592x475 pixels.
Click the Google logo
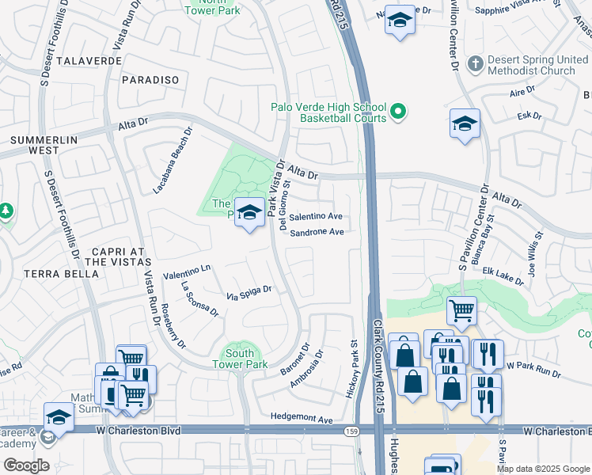click(26, 465)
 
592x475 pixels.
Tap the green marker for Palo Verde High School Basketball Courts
click(399, 113)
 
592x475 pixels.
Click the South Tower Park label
click(239, 359)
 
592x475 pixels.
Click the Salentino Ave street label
click(315, 216)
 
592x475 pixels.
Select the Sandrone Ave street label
click(317, 233)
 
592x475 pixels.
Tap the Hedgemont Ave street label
click(302, 417)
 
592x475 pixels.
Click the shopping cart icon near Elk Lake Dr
click(461, 310)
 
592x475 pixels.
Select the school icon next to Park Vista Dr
click(249, 212)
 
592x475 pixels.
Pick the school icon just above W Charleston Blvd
click(59, 416)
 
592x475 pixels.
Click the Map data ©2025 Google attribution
click(543, 469)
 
